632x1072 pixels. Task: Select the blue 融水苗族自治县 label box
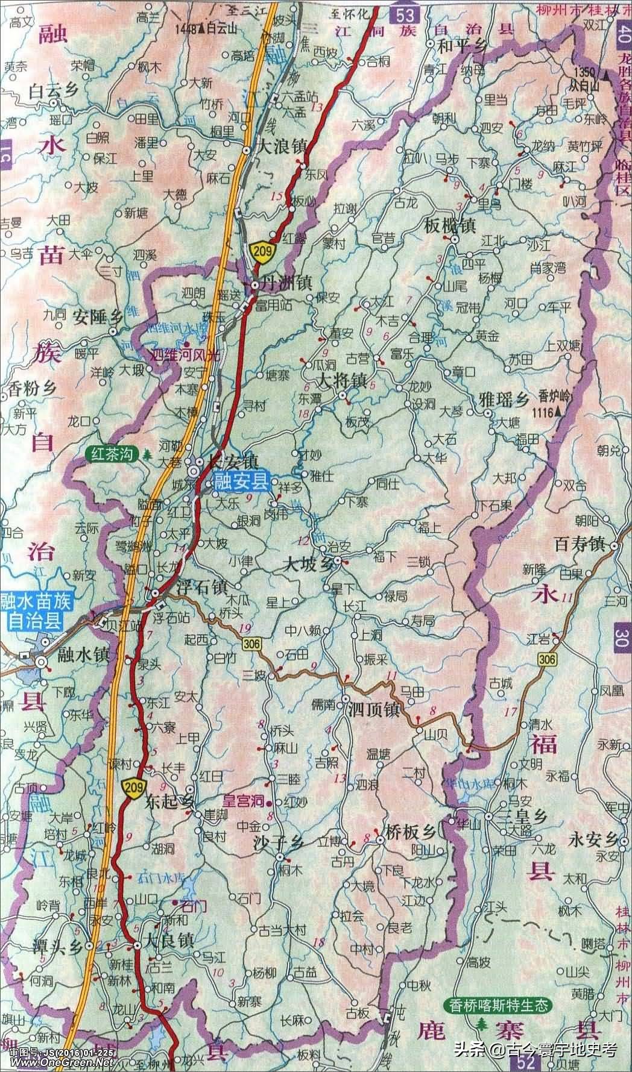tap(35, 611)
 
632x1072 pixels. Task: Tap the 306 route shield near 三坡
tap(253, 645)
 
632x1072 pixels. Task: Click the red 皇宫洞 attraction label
tap(245, 800)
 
